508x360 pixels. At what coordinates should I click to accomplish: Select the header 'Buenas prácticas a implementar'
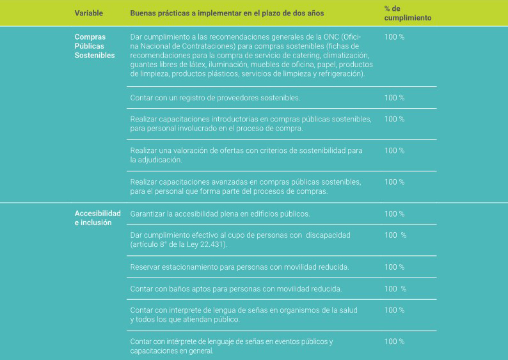226,13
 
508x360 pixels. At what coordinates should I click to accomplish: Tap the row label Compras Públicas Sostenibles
95,46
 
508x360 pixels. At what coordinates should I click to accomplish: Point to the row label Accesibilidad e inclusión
97,218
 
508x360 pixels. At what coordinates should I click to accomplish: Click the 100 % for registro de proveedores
394,98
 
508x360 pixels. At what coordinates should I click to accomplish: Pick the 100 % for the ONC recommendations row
394,37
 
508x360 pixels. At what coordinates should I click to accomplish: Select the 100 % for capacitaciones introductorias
394,119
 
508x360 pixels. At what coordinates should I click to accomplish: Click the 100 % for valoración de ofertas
394,150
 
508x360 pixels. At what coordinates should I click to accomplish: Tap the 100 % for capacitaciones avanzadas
394,182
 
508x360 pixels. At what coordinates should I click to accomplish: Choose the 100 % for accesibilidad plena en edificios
394,214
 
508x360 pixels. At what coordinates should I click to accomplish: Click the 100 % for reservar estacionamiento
394,267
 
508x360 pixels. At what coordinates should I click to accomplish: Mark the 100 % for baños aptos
395,289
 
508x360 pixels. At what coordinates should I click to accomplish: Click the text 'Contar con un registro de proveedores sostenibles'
215,98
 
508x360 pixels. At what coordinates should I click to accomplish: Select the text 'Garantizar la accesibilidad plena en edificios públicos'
219,214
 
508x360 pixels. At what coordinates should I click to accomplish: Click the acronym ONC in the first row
329,37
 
